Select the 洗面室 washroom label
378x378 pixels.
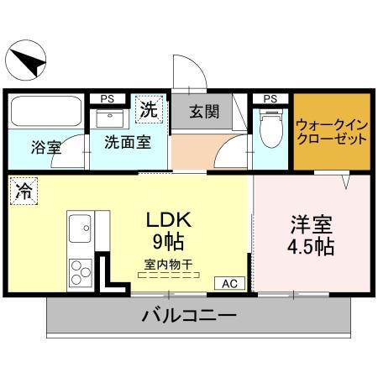(x=128, y=142)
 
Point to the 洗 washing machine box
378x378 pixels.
(x=148, y=109)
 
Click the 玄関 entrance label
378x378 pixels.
(x=203, y=111)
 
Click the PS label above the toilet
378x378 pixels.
(x=270, y=98)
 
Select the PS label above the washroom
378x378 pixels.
(x=107, y=98)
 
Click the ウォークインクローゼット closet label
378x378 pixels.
(x=331, y=132)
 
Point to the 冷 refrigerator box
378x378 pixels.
(x=23, y=191)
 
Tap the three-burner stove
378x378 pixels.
(x=81, y=271)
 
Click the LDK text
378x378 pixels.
(x=171, y=221)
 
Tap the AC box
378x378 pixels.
(x=229, y=284)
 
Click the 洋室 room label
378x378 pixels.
(x=312, y=224)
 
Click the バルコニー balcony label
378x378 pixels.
(x=189, y=317)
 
